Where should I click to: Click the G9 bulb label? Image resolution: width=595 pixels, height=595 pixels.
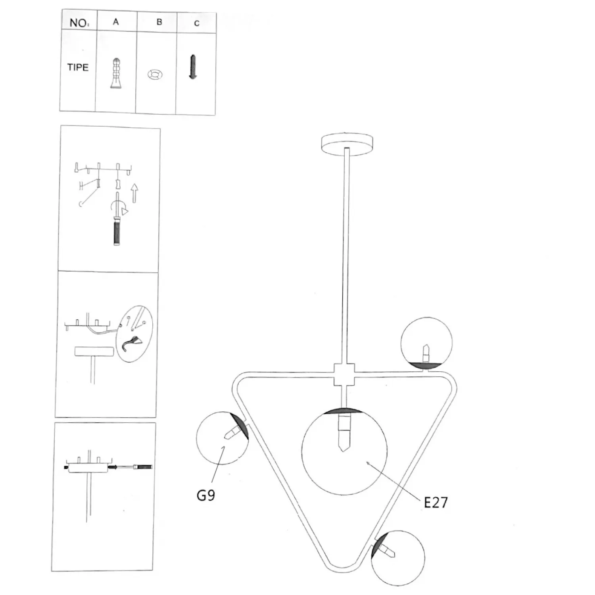pyautogui.click(x=206, y=495)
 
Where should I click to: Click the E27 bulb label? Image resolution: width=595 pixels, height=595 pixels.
pyautogui.click(x=436, y=503)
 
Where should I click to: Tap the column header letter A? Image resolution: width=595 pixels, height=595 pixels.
pyautogui.click(x=116, y=22)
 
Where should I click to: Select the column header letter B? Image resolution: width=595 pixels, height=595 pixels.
pyautogui.click(x=159, y=22)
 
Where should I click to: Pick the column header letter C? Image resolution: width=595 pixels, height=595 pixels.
pyautogui.click(x=197, y=23)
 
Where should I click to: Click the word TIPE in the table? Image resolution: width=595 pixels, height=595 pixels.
pyautogui.click(x=78, y=67)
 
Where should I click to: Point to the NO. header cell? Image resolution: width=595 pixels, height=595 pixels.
pyautogui.click(x=79, y=23)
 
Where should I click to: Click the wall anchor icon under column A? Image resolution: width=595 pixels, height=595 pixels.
pyautogui.click(x=116, y=73)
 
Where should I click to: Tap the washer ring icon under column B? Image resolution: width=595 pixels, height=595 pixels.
pyautogui.click(x=155, y=74)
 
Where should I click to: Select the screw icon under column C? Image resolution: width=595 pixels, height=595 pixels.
pyautogui.click(x=193, y=67)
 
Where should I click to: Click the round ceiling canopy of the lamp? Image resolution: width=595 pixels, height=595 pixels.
pyautogui.click(x=347, y=143)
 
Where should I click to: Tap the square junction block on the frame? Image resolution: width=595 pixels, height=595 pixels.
pyautogui.click(x=344, y=374)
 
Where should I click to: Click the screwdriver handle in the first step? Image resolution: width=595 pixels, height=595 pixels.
pyautogui.click(x=117, y=233)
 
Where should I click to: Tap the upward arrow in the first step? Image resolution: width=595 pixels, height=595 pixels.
pyautogui.click(x=134, y=193)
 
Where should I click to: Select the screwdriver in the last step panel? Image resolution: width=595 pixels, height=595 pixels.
pyautogui.click(x=132, y=467)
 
